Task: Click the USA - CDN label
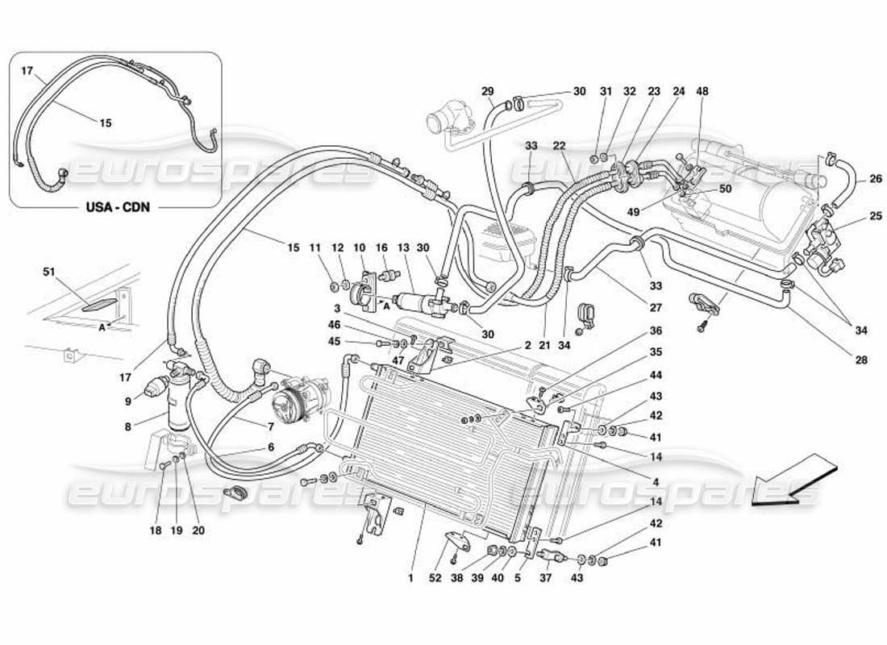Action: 115,206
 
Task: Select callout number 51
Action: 50,272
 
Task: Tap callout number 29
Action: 486,91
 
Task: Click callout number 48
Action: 702,91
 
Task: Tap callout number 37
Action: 546,579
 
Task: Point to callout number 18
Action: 155,531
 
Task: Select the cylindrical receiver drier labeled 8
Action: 179,399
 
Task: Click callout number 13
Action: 403,248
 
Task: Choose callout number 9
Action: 127,401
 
